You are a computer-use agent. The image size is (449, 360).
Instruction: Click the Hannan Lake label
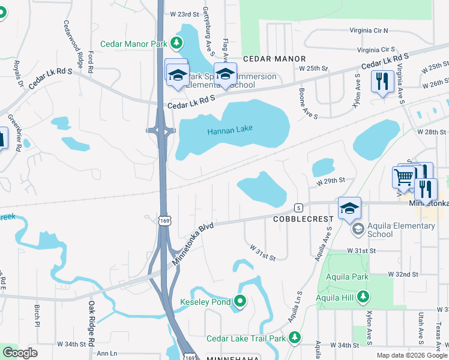pos(230,129)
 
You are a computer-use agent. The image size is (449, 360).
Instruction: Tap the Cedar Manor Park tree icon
pos(176,43)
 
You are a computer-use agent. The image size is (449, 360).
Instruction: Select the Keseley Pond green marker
pos(240,301)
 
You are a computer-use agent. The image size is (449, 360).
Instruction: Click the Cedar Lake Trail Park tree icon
pos(294,338)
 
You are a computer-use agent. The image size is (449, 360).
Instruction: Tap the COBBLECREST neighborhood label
pos(303,219)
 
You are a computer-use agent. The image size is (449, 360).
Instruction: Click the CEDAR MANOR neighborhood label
pos(274,59)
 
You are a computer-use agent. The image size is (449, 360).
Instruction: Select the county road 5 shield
pos(298,208)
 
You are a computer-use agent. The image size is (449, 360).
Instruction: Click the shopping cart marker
pos(404,177)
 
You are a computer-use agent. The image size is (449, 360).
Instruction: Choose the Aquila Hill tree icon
pos(363,296)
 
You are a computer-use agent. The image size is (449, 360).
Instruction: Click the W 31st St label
pos(262,252)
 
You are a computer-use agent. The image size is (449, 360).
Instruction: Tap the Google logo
pos(20,353)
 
